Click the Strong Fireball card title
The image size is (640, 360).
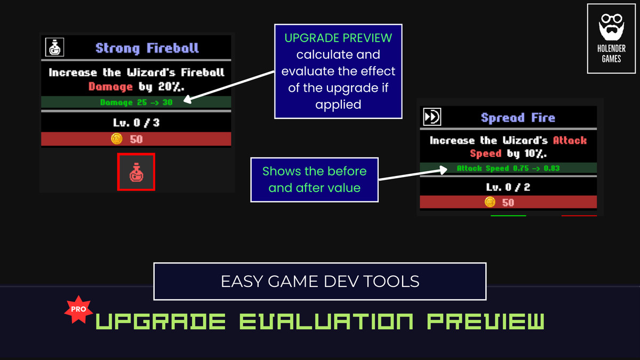[147, 48]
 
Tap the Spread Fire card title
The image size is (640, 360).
[517, 118]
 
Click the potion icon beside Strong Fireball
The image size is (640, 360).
[54, 47]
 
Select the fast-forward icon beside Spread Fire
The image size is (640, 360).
[431, 117]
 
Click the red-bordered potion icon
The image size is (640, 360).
[136, 172]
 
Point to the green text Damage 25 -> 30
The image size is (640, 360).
[136, 102]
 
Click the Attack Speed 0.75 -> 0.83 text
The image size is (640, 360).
[508, 169]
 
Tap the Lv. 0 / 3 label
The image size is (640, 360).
[136, 123]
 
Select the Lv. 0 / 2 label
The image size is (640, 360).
[508, 187]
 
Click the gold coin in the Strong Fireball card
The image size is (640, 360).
[117, 139]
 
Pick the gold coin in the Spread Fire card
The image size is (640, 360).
[490, 202]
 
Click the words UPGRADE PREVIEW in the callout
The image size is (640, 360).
[338, 38]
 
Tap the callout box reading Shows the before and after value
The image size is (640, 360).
[314, 180]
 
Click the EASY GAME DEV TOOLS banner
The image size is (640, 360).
[320, 281]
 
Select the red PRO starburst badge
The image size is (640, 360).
[78, 309]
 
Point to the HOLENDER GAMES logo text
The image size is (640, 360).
[611, 54]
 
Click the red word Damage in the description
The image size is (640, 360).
[110, 86]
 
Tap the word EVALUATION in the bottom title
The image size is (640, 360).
[325, 322]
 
